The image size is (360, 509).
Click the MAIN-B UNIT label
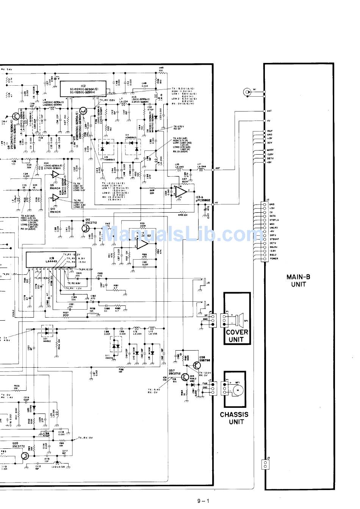pos(298,280)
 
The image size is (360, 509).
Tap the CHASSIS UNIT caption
pos(234,418)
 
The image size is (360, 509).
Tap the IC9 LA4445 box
pos(43,260)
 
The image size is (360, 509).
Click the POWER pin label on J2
pos(274,258)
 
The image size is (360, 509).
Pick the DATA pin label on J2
pos(273,216)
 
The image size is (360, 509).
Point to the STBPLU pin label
pos(274,220)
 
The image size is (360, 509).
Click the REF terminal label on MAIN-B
pos(269,131)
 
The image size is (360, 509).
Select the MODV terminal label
pos(271,150)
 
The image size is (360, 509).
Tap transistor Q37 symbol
pos(185,377)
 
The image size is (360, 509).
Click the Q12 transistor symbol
pos(86,228)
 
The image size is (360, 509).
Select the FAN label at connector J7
pos(205,383)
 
